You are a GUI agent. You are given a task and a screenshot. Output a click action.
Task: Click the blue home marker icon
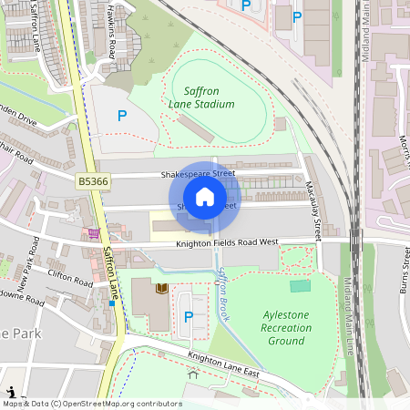coord(205,197)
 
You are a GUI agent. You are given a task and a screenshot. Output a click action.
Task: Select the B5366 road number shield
coord(91,182)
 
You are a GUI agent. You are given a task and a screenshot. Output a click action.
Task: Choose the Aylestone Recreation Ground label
coord(285,327)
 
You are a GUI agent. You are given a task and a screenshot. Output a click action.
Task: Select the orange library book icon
coord(162,289)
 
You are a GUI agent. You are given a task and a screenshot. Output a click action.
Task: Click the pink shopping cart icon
coord(94,233)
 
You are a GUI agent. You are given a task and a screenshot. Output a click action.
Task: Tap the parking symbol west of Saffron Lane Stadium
coord(121,116)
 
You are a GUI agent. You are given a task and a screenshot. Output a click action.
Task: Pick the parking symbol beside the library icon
coord(189,316)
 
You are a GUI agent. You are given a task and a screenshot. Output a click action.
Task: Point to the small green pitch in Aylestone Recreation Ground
coord(300,286)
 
